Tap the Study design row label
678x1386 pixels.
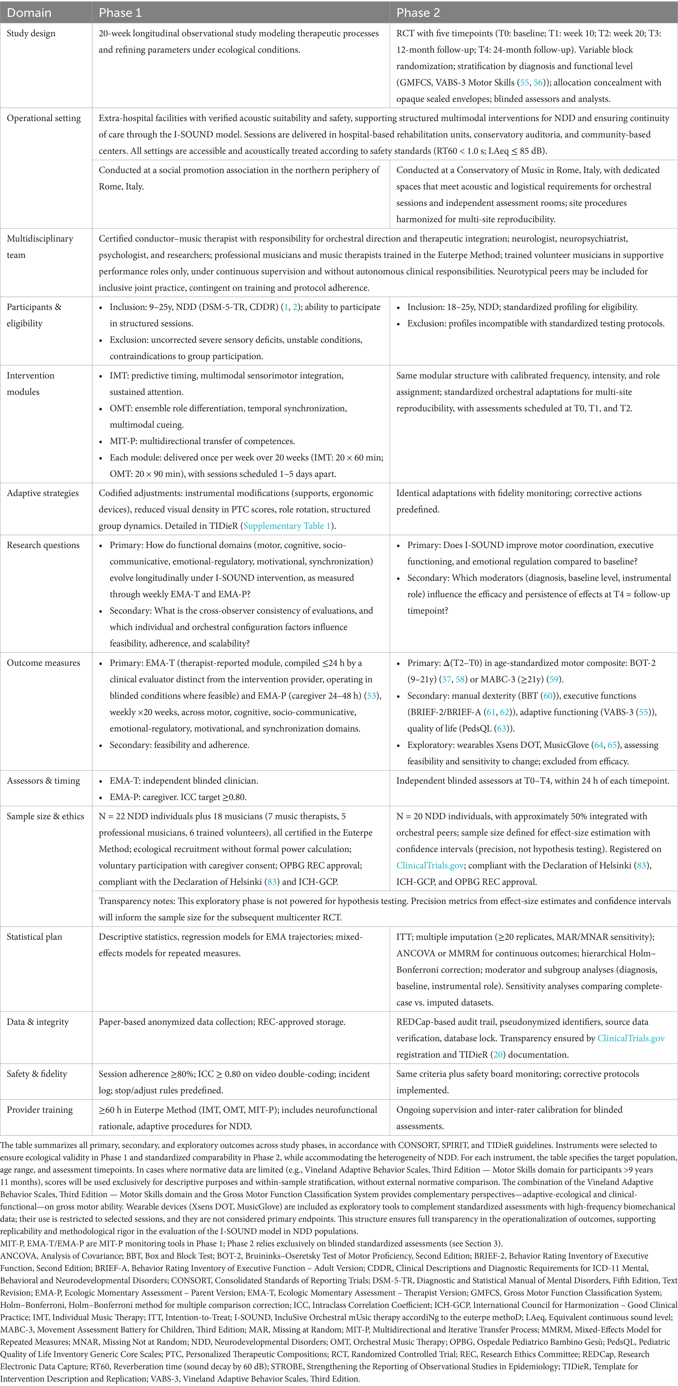click(x=31, y=33)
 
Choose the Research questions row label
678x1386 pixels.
click(x=43, y=545)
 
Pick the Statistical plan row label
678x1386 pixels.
click(x=34, y=937)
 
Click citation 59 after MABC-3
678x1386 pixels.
click(x=554, y=679)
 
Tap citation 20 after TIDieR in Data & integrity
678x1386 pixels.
click(x=498, y=1055)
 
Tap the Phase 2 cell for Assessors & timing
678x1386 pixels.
click(x=533, y=781)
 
